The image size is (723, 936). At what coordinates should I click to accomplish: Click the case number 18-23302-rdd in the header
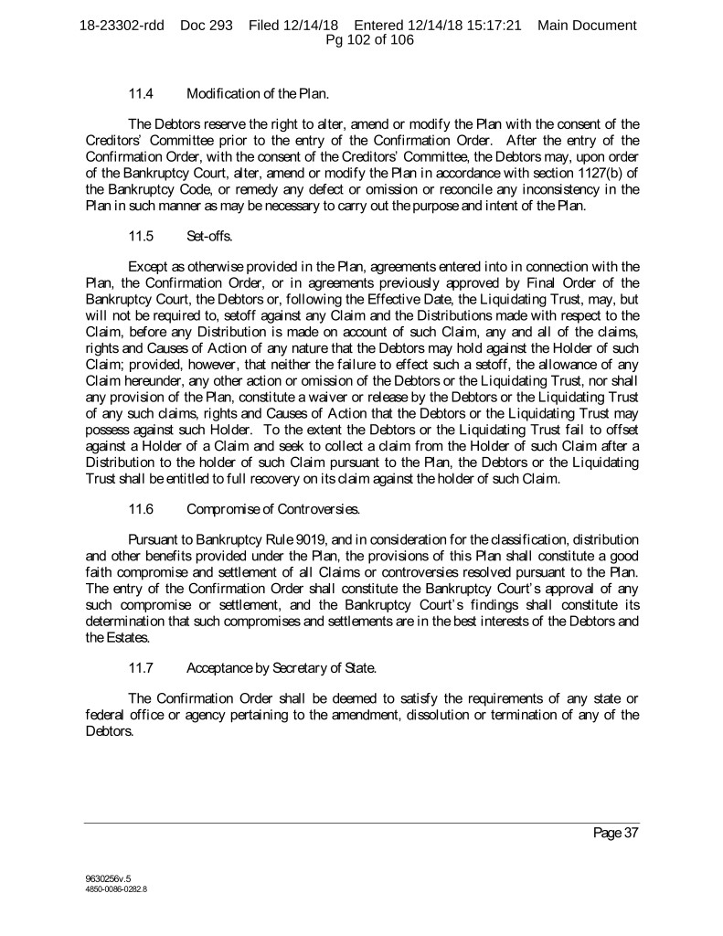[x=122, y=26]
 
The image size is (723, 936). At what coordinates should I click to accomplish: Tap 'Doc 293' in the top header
[x=209, y=26]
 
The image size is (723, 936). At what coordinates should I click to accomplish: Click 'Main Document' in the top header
[x=587, y=26]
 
